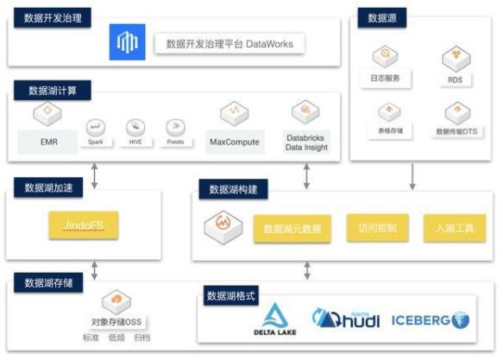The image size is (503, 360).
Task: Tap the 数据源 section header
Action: pyautogui.click(x=382, y=17)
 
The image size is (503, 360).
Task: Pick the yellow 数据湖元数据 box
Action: pyautogui.click(x=292, y=229)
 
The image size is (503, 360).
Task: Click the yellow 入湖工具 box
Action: pyautogui.click(x=450, y=229)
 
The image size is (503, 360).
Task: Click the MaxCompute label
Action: pyautogui.click(x=234, y=142)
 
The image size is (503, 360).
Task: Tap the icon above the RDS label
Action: pyautogui.click(x=455, y=59)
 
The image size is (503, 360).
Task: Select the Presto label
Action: pyautogui.click(x=176, y=141)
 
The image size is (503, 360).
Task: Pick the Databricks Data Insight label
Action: pyautogui.click(x=305, y=142)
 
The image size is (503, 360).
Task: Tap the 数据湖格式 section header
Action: pyautogui.click(x=234, y=295)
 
